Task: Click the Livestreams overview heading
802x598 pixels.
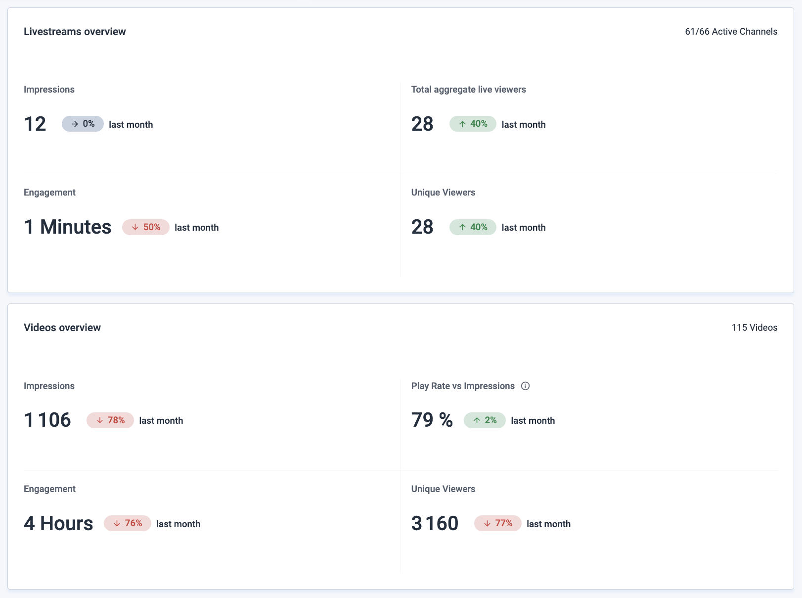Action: tap(75, 32)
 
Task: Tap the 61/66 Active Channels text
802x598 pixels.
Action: tap(731, 32)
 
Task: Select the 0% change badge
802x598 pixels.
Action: tap(83, 124)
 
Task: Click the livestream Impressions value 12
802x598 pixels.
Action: tap(35, 124)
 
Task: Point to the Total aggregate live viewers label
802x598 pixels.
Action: tap(468, 90)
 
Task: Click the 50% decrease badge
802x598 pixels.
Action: tap(146, 227)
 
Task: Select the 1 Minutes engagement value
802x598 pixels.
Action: tap(68, 227)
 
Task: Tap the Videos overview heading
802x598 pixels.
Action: tap(62, 328)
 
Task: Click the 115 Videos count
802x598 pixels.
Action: tap(754, 328)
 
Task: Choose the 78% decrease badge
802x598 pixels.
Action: tap(110, 420)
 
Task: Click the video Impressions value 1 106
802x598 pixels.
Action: tap(47, 420)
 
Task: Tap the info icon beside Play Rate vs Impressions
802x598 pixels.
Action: tap(526, 386)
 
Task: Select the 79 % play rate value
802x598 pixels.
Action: tap(432, 420)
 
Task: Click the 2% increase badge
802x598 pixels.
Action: tap(485, 420)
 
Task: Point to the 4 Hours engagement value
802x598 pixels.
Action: tap(58, 523)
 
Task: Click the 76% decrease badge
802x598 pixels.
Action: tap(128, 523)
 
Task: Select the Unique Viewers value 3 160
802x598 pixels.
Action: tap(435, 523)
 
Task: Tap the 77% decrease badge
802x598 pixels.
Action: tap(498, 523)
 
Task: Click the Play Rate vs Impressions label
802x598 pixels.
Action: tap(463, 386)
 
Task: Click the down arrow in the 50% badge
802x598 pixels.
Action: tap(135, 227)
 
